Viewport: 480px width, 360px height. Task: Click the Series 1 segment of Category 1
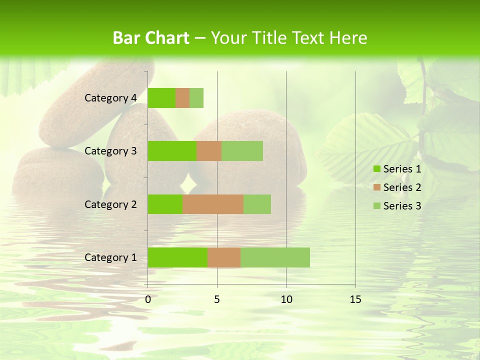tap(177, 257)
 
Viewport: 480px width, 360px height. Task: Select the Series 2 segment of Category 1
tap(224, 257)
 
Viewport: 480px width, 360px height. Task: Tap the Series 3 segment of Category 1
tap(275, 257)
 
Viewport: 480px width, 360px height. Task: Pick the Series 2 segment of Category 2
tap(213, 204)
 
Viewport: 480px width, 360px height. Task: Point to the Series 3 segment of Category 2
tap(257, 204)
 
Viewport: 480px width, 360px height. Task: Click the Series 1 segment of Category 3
tap(172, 151)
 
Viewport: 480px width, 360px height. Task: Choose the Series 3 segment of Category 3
tap(242, 151)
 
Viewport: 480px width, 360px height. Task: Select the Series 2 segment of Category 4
tap(182, 98)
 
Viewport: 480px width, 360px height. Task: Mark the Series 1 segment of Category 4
tap(161, 98)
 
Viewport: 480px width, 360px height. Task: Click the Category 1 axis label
tap(110, 257)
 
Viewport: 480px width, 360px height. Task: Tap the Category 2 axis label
tap(110, 204)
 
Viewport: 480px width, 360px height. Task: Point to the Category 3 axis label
tap(110, 151)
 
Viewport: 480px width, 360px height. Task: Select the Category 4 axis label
tap(110, 98)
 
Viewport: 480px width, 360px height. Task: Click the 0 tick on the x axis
tap(148, 299)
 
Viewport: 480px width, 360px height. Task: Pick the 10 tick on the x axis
tap(286, 299)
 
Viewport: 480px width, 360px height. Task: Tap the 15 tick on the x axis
tap(355, 299)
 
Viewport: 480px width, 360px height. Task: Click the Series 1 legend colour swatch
tap(376, 169)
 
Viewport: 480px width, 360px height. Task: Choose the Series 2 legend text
tap(402, 187)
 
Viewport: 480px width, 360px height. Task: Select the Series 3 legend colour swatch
tap(376, 206)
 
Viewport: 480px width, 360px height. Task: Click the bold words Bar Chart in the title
tap(151, 38)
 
